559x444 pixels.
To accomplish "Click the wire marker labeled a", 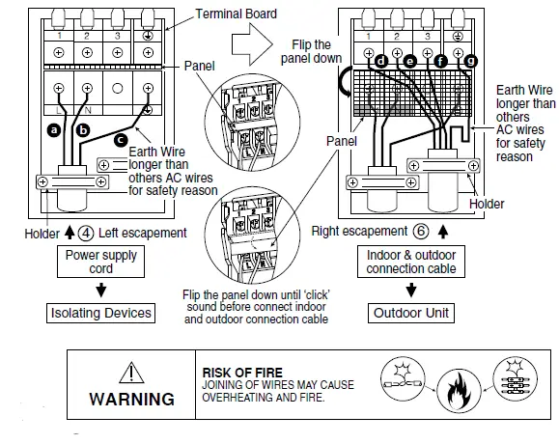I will [53, 127].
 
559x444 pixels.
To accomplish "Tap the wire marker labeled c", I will [121, 140].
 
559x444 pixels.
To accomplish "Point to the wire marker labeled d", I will [381, 61].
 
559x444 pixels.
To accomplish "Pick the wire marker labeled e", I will [410, 61].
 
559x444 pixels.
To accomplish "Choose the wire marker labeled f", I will [441, 61].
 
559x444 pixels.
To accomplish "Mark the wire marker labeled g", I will [470, 61].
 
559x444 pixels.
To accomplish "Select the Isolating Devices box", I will [101, 313].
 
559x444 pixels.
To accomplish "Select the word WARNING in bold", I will [131, 399].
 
